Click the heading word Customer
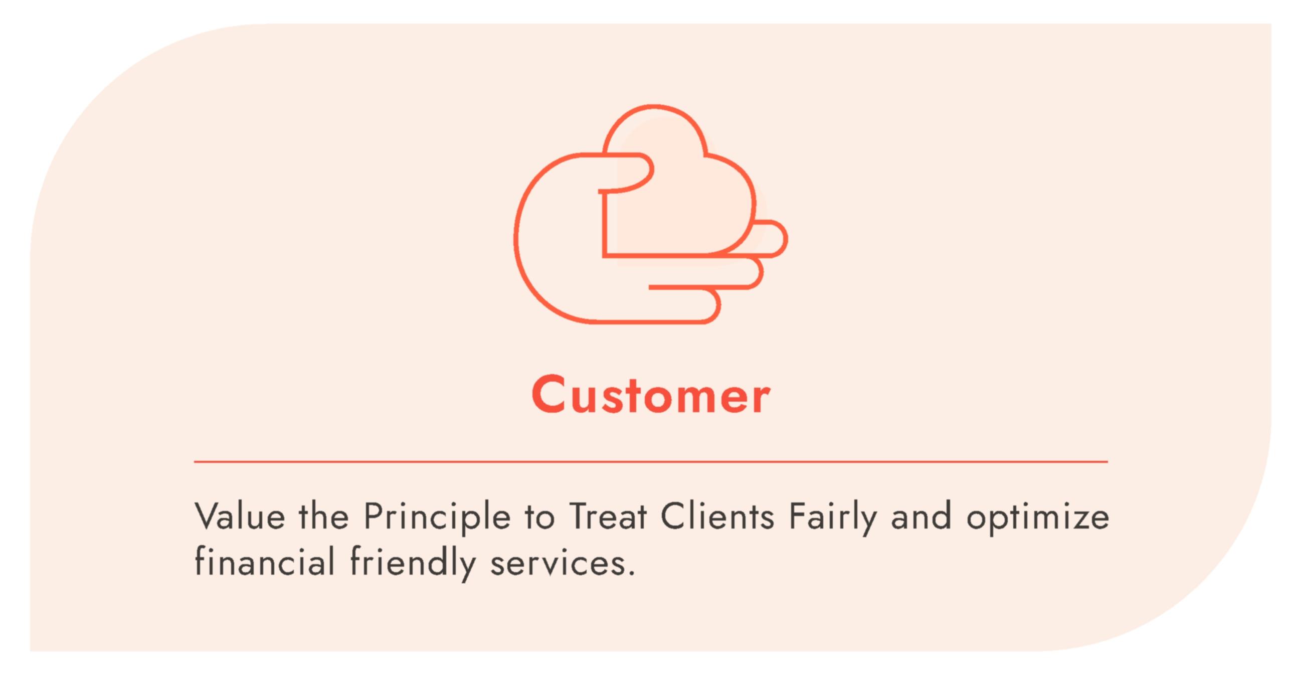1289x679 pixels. pos(651,395)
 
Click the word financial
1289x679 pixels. pos(264,561)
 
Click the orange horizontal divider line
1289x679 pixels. pos(651,461)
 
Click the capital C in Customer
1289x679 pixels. pos(549,394)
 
